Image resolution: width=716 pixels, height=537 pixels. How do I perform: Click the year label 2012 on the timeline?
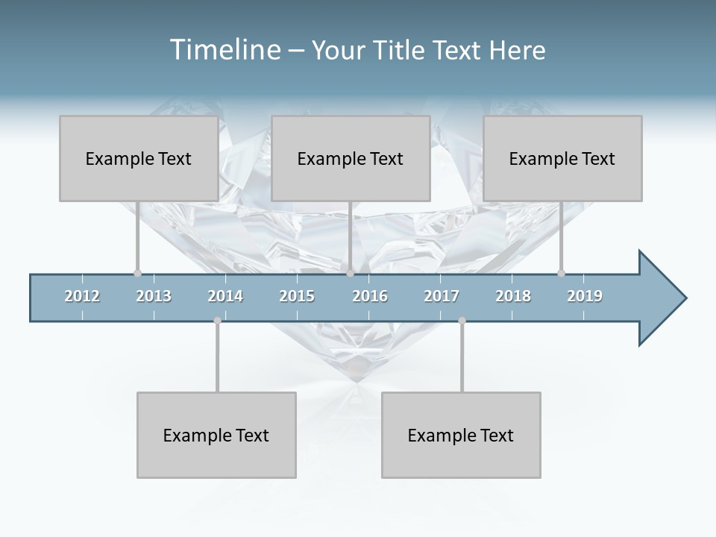point(82,296)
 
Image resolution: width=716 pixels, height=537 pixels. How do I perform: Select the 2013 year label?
point(154,296)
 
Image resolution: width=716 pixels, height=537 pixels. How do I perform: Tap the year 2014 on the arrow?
point(225,296)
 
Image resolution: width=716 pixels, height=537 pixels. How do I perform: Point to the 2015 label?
point(297,296)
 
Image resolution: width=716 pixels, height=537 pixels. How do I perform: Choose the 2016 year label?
point(370,296)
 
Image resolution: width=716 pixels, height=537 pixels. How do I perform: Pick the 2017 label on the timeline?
point(442,296)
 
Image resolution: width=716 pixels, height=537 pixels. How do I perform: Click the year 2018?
point(513,296)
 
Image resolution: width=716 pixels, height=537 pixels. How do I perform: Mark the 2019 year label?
point(585,296)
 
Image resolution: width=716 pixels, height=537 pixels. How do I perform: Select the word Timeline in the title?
point(224,50)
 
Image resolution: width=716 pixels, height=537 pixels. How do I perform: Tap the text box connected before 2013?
point(139,158)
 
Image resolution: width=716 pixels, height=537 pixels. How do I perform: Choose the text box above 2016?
point(351,158)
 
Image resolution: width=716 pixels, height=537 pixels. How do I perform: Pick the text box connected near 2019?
point(562,158)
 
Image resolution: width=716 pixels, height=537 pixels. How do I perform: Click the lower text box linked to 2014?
point(216,435)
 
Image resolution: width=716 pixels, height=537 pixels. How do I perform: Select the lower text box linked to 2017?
point(461,435)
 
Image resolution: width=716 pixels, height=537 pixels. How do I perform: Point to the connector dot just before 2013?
point(137,273)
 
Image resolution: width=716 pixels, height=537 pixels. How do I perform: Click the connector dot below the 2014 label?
point(217,321)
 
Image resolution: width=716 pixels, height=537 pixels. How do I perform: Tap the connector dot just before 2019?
point(561,273)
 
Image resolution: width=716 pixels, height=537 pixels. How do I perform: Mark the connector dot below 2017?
point(462,321)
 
